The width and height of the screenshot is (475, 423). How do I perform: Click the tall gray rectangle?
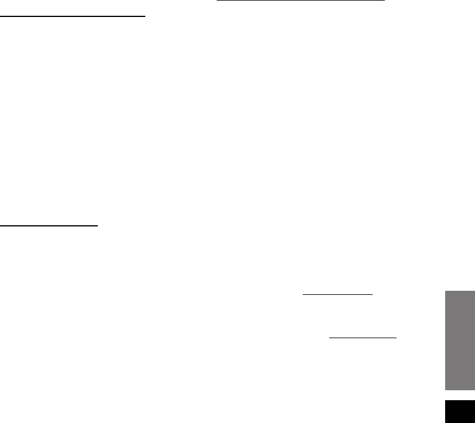point(459,339)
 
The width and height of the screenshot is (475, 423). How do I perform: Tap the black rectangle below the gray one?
point(459,411)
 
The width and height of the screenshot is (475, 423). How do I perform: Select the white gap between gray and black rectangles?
point(459,396)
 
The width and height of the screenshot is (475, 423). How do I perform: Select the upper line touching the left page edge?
point(72,17)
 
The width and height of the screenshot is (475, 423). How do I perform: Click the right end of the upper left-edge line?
point(145,17)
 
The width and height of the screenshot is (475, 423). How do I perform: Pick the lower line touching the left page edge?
point(49,225)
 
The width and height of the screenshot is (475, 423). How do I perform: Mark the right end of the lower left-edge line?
point(98,225)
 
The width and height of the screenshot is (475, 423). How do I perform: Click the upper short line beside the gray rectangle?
point(337,294)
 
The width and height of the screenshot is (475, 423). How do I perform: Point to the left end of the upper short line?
point(302,294)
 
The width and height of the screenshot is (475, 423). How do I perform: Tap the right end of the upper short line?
point(373,294)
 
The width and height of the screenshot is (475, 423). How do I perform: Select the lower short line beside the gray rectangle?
point(363,338)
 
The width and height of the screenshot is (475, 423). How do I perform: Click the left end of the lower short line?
point(329,338)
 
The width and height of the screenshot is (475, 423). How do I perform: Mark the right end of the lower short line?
point(397,338)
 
